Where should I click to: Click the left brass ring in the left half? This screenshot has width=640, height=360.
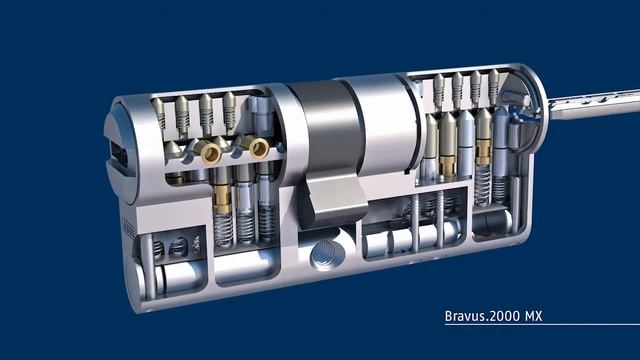click(x=211, y=152)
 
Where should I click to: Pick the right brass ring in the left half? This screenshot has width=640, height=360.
click(x=257, y=148)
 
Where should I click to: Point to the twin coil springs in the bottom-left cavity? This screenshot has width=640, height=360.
click(x=169, y=246)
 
